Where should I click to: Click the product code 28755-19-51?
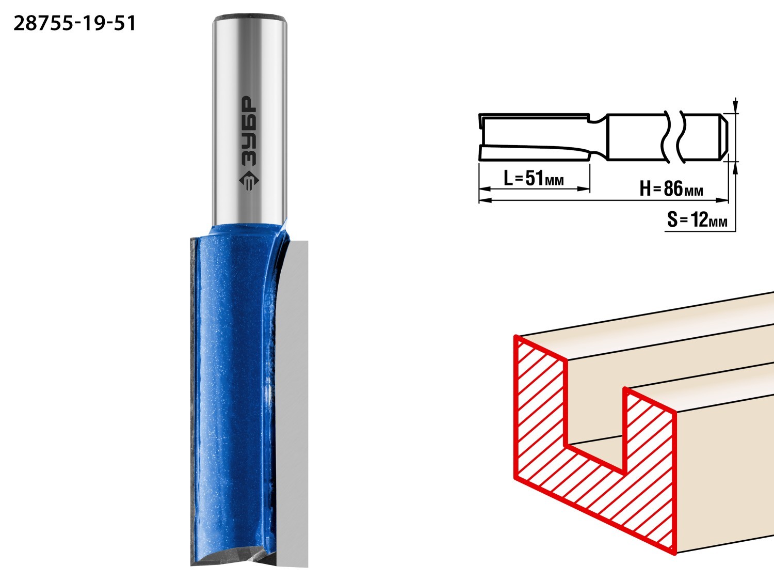[74, 24]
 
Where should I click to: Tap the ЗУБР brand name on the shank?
[249, 131]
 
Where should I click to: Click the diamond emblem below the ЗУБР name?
[249, 180]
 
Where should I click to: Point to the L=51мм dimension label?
[534, 178]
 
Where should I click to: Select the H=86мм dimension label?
[671, 189]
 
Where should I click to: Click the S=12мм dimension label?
[697, 220]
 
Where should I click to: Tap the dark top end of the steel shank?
[249, 17]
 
